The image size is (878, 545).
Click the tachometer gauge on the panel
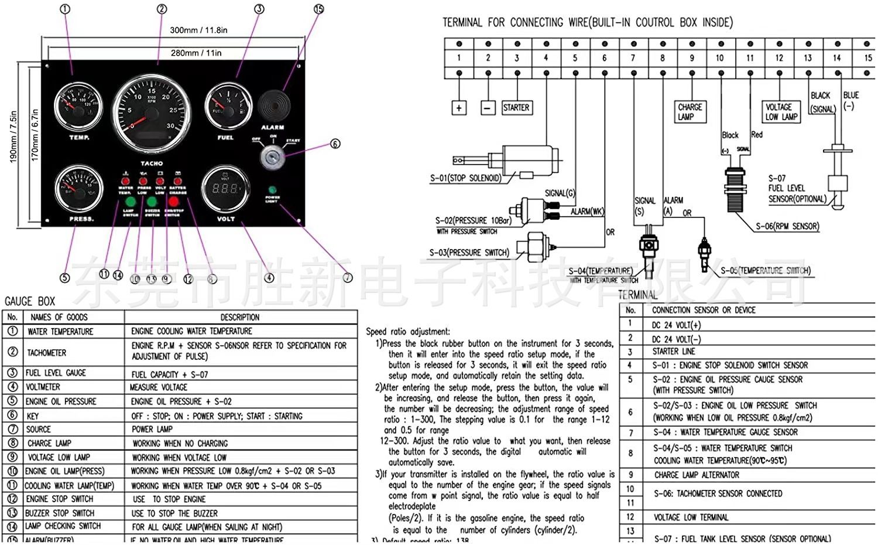click(152, 113)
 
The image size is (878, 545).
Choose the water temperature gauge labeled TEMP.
click(78, 107)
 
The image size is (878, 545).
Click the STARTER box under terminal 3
click(516, 108)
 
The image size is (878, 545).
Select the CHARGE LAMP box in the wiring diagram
click(690, 111)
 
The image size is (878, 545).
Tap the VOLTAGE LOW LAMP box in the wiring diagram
click(781, 111)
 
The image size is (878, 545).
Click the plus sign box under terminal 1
click(459, 108)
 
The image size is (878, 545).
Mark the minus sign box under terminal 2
click(488, 108)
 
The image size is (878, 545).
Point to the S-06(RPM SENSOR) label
click(787, 226)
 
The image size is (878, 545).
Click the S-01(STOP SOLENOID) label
click(466, 178)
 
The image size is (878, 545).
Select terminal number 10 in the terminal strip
click(720, 58)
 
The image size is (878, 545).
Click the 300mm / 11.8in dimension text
click(198, 30)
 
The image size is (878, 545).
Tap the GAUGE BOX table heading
click(30, 301)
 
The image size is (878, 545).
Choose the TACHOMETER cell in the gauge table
click(47, 353)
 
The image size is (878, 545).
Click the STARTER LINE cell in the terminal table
click(674, 352)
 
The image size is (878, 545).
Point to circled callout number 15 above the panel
click(318, 9)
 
